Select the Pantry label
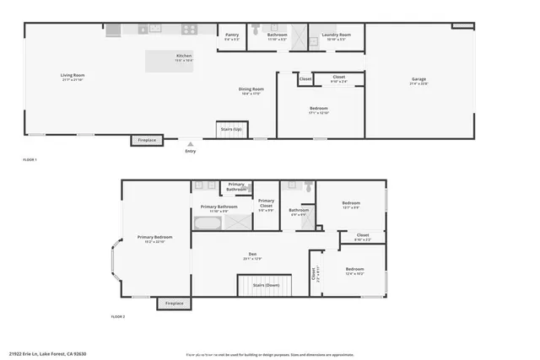232,36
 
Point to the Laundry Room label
335,36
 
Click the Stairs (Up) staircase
231,128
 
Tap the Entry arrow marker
190,144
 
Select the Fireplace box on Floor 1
147,140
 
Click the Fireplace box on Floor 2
174,304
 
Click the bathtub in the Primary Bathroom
207,223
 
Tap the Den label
251,255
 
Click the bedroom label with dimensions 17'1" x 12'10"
319,110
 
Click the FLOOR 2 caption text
117,317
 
